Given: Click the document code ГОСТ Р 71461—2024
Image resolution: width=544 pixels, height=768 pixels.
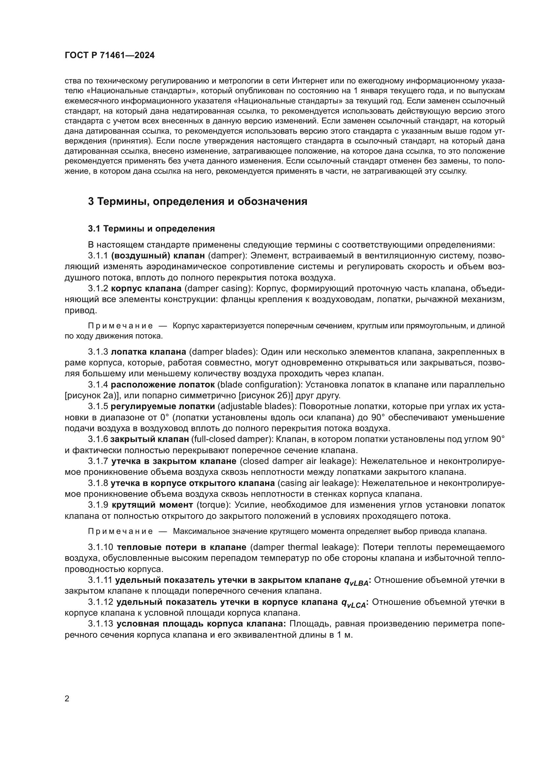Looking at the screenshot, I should pyautogui.click(x=110, y=55).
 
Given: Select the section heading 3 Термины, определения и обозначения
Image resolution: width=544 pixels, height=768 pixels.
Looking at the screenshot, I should pyautogui.click(x=198, y=202).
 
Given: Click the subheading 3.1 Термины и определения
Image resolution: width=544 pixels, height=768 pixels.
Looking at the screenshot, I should pyautogui.click(x=151, y=229).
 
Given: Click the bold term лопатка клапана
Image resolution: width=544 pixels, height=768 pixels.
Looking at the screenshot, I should pyautogui.click(x=148, y=352).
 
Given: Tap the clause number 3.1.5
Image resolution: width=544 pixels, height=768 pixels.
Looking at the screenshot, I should pyautogui.click(x=98, y=406).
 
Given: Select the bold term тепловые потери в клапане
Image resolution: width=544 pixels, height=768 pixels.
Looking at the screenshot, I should pyautogui.click(x=182, y=547).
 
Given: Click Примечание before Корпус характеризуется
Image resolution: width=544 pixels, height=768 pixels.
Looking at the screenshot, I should pyautogui.click(x=121, y=326).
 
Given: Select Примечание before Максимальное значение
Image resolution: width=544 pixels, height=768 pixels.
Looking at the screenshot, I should pyautogui.click(x=121, y=531).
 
